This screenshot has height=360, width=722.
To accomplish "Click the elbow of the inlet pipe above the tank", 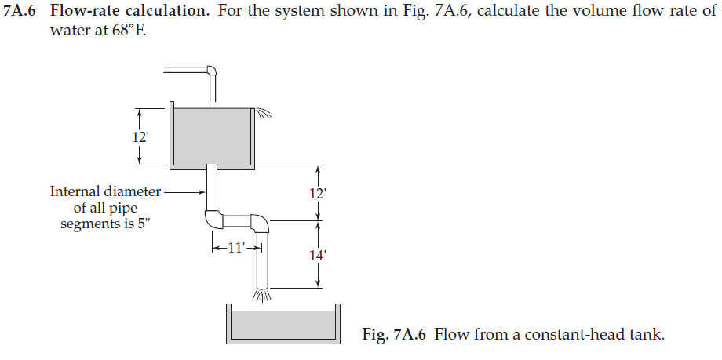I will (210, 71).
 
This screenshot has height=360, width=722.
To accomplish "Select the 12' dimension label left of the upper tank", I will (140, 136).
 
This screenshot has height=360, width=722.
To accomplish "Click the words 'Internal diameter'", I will (105, 191).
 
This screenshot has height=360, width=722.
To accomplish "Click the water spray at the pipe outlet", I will (261, 296).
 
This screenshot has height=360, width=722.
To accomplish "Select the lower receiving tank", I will (283, 325).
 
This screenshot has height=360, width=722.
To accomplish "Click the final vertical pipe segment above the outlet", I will (261, 263).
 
